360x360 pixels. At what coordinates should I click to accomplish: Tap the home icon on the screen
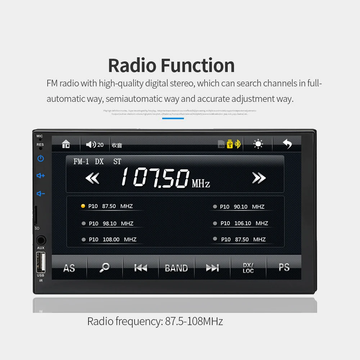coord(66,144)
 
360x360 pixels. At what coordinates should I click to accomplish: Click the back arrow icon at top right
coord(287,144)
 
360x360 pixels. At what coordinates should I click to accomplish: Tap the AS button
coord(69,268)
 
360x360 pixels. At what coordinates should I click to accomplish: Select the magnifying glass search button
coord(104,267)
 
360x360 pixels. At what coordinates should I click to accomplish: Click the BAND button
coord(176,268)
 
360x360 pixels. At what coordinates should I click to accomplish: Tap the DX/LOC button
coord(248,268)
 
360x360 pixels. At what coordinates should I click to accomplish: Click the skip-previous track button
coord(140,268)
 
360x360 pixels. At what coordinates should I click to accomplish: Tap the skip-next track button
coord(212,268)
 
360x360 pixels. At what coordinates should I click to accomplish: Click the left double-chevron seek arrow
coord(93,178)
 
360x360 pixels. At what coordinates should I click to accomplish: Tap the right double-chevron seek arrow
coord(258,178)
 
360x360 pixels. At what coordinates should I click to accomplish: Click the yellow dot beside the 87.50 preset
coord(83,206)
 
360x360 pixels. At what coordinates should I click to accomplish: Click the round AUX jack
coord(41,240)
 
